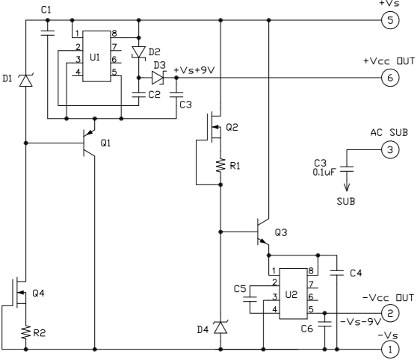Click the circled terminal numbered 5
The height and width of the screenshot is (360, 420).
[x=390, y=20]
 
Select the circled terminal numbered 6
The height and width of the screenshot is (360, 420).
[x=390, y=78]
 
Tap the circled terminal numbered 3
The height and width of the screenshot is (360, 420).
[x=390, y=149]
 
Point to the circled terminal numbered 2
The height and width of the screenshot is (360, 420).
[x=390, y=313]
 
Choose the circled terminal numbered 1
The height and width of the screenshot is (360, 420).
[x=390, y=349]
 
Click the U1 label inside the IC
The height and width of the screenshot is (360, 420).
[x=95, y=58]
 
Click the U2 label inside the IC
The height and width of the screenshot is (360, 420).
[x=291, y=295]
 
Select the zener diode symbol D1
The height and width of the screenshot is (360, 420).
[x=26, y=80]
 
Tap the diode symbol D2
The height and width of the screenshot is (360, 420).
[x=139, y=52]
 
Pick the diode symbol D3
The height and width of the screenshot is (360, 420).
[x=158, y=78]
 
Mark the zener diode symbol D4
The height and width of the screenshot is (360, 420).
[x=220, y=327]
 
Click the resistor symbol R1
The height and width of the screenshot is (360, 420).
[x=220, y=165]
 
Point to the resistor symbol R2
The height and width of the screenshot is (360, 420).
[x=26, y=332]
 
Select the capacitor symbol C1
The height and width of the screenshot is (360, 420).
[x=48, y=33]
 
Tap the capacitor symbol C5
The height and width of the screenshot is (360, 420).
[x=250, y=300]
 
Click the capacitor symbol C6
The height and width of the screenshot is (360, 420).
[x=324, y=324]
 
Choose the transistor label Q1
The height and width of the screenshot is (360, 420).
[x=105, y=143]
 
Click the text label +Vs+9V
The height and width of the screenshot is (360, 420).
[x=194, y=70]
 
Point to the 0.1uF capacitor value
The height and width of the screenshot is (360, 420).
[x=324, y=172]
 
